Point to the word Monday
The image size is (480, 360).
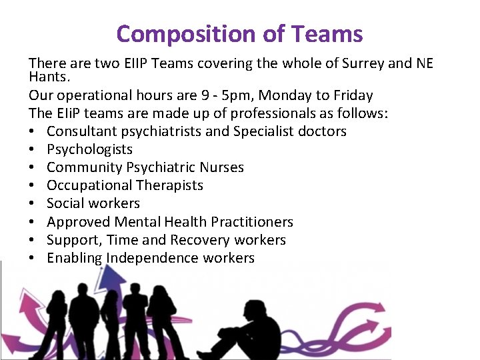(x=278, y=95)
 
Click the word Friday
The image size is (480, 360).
(x=351, y=95)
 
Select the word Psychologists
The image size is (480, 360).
(x=89, y=149)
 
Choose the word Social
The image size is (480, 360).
(x=65, y=203)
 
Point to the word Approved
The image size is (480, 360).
(x=77, y=221)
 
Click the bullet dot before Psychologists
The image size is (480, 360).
(x=33, y=150)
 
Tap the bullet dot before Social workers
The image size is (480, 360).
(x=33, y=204)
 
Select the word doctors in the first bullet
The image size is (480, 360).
(x=323, y=131)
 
